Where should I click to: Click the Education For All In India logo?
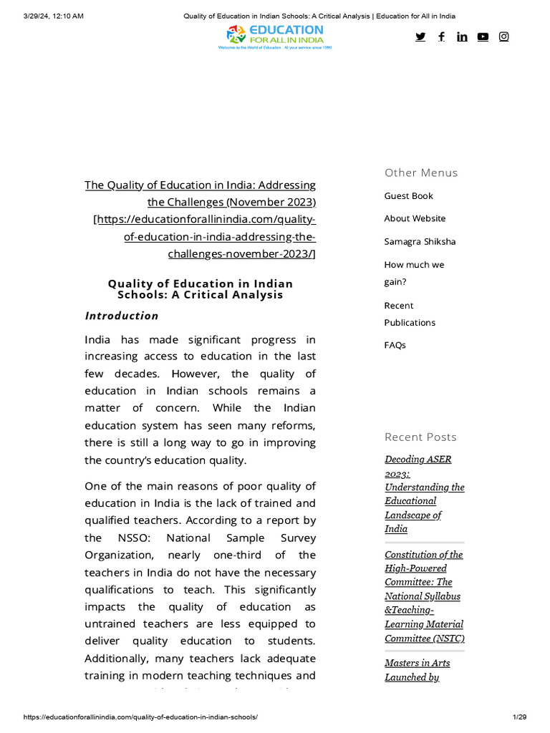click(275, 36)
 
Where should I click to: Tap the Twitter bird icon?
click(420, 37)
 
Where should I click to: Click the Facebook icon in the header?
click(441, 37)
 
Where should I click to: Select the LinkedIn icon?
click(462, 37)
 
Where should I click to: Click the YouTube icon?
click(483, 37)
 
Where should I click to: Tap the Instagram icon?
click(503, 37)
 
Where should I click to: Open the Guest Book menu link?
click(408, 196)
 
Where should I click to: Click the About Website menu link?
click(415, 218)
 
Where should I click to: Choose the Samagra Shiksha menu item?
click(420, 242)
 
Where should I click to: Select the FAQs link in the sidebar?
click(395, 345)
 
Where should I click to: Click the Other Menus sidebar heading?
click(421, 173)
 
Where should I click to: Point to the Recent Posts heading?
click(420, 437)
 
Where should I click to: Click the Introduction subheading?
click(122, 316)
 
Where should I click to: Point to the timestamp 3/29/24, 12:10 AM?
click(54, 16)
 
